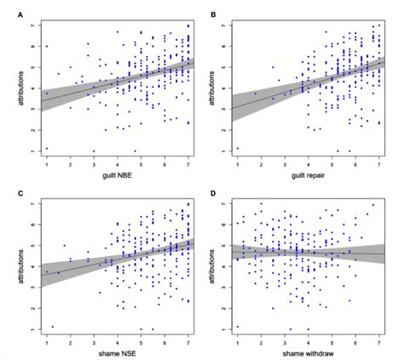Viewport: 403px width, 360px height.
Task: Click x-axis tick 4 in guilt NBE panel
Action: (x=117, y=161)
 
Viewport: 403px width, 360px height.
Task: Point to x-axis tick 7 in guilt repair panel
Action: (x=378, y=161)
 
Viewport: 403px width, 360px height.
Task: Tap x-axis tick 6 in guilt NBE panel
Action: (x=165, y=161)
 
